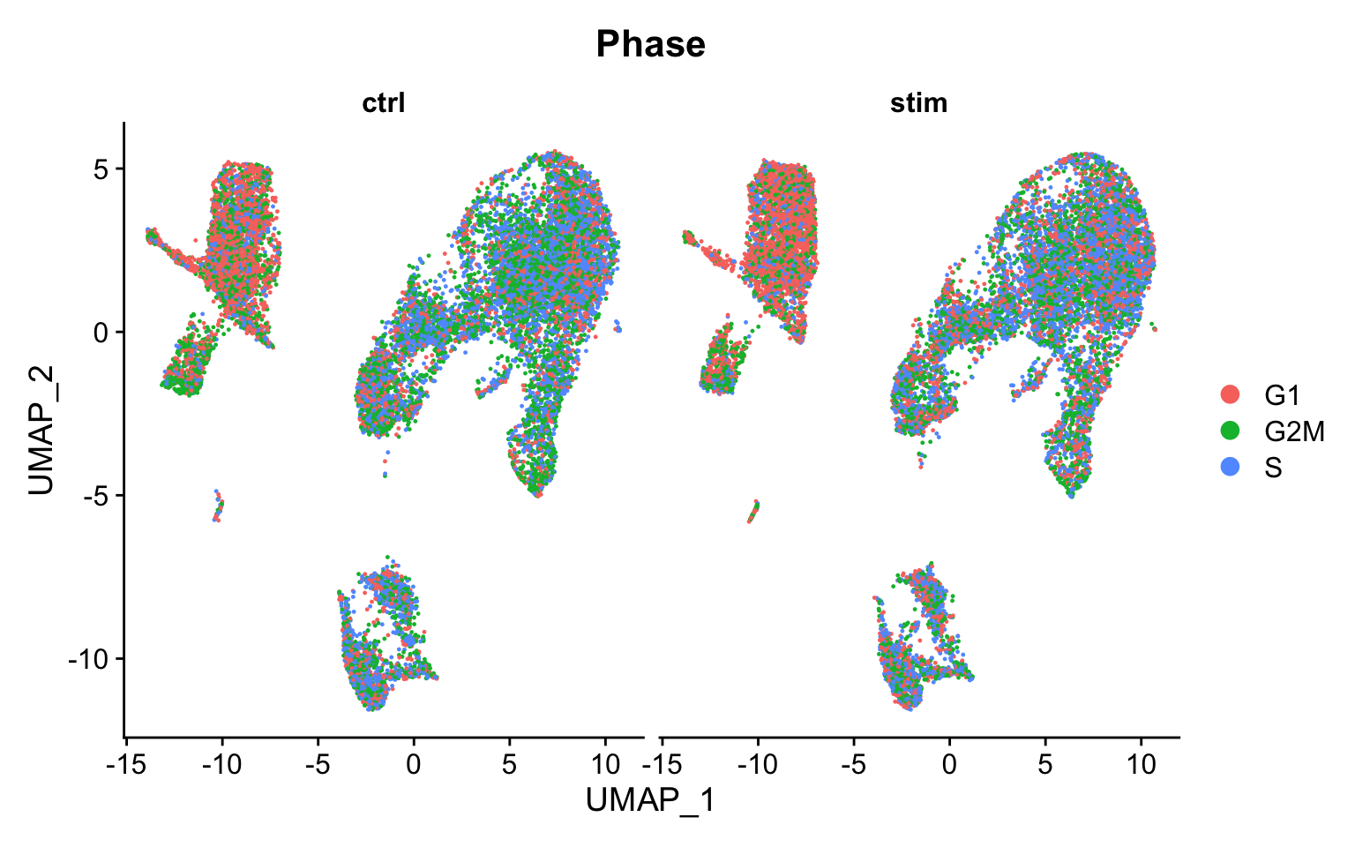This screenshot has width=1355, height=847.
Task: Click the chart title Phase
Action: (650, 44)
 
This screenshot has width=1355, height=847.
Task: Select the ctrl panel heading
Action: (384, 103)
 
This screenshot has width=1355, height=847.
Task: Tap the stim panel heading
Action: (918, 103)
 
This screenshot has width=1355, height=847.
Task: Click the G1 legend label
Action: (1282, 395)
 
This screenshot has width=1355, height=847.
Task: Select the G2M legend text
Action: (1294, 431)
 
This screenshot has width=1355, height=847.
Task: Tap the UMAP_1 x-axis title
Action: (650, 800)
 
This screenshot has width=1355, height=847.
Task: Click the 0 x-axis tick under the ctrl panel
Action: (414, 764)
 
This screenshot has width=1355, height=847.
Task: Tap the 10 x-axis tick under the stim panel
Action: (1141, 764)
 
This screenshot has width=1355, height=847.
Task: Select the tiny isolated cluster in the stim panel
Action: (753, 511)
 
